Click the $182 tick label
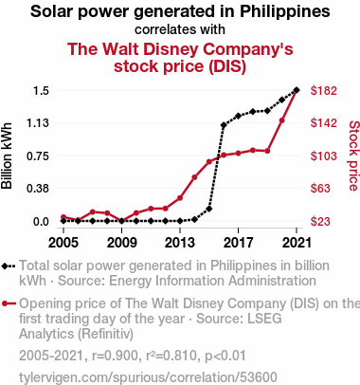point(324,91)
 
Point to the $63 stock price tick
point(320,189)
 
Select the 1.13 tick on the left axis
point(38,122)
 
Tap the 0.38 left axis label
point(38,189)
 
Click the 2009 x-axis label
point(122,243)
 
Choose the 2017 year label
point(238,243)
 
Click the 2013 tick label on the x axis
point(180,243)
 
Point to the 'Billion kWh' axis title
point(7,156)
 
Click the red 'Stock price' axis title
point(354,156)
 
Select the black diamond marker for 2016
point(224,125)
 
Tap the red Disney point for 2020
point(282,120)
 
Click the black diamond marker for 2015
point(209,209)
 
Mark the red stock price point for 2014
point(194,177)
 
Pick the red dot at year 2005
point(63,217)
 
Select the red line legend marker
point(9,303)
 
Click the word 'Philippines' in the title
point(285,11)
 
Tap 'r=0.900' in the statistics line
point(115,356)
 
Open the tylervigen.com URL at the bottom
point(148,377)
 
